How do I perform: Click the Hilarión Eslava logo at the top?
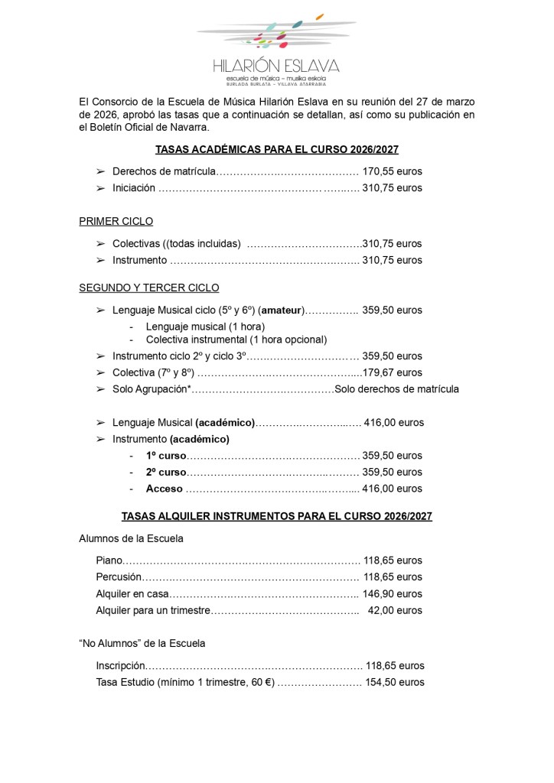pyautogui.click(x=276, y=46)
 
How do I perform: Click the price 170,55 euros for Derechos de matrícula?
pyautogui.click(x=392, y=171)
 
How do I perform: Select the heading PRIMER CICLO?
pyautogui.click(x=116, y=222)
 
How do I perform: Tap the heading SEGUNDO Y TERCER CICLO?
pyautogui.click(x=149, y=288)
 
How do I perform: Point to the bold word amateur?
pyautogui.click(x=282, y=310)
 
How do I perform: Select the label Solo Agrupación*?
pyautogui.click(x=151, y=389)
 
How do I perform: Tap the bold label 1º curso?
pyautogui.click(x=166, y=456)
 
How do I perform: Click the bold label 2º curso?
pyautogui.click(x=166, y=472)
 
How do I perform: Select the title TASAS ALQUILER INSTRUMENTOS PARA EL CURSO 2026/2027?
pyautogui.click(x=276, y=517)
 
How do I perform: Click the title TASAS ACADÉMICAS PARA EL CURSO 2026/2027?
pyautogui.click(x=276, y=150)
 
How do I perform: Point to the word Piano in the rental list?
pyautogui.click(x=109, y=560)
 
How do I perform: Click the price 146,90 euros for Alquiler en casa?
pyautogui.click(x=392, y=594)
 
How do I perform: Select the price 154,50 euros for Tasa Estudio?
pyautogui.click(x=394, y=683)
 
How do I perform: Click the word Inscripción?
pyautogui.click(x=120, y=666)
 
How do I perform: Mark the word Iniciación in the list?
pyautogui.click(x=134, y=188)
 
